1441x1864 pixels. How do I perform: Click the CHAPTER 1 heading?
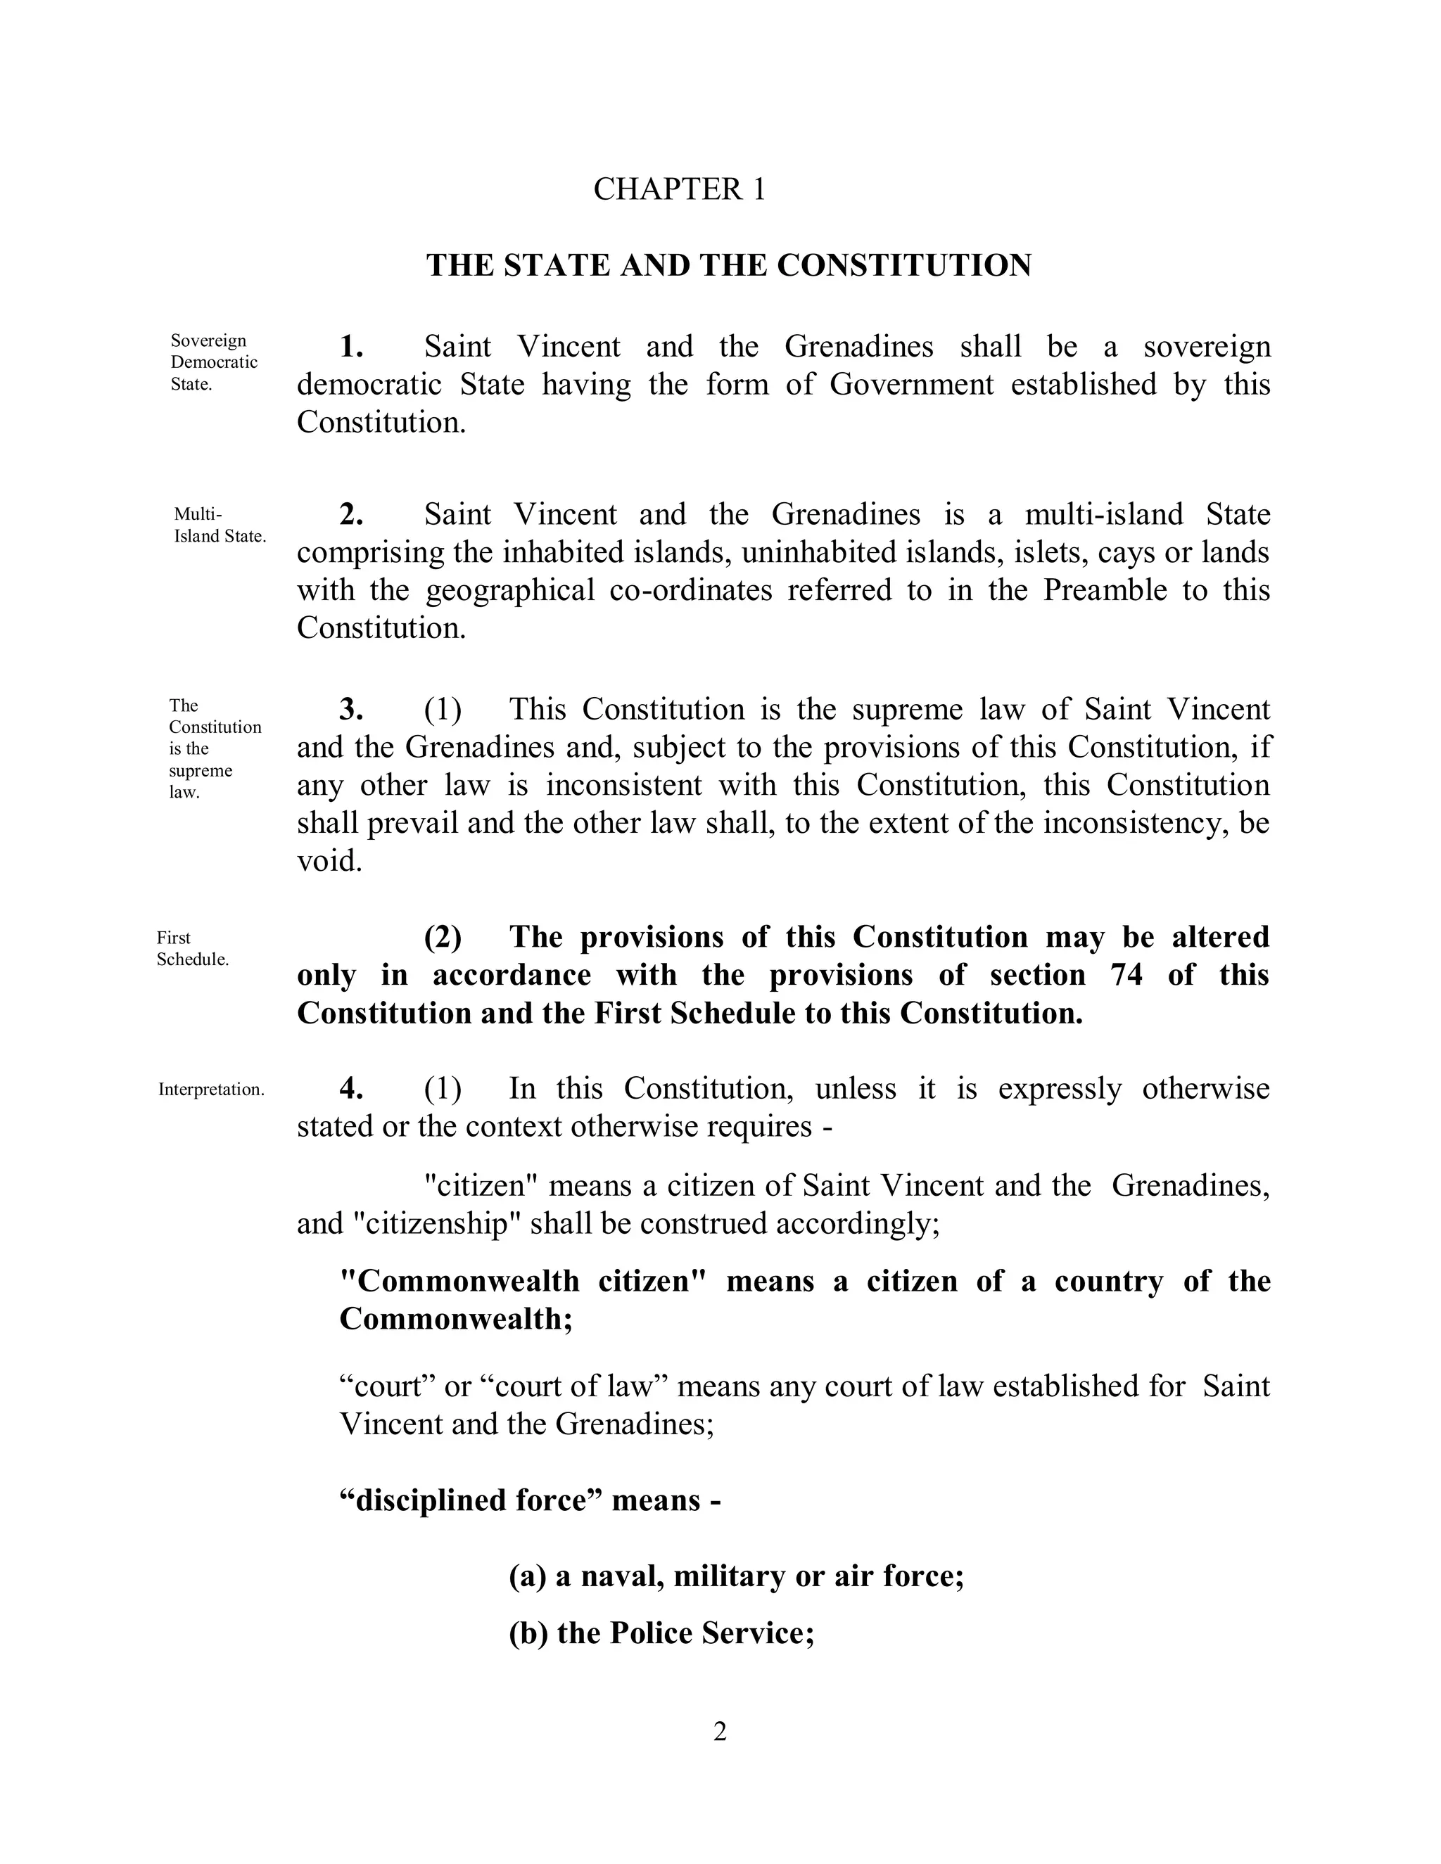coord(680,189)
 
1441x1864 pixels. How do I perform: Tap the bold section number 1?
coord(352,347)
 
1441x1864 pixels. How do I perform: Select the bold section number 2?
coord(352,515)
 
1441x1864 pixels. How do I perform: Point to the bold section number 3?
coord(352,709)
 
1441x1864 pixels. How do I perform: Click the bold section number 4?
coord(352,1088)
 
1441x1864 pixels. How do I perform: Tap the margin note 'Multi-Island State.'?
coord(220,525)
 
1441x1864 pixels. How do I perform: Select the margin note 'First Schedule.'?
coord(192,948)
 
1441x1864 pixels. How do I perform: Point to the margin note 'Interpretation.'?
coord(211,1090)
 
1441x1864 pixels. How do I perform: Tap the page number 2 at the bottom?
coord(720,1732)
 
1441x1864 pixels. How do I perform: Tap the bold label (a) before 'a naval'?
coord(527,1576)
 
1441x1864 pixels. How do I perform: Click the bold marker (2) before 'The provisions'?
coord(443,937)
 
